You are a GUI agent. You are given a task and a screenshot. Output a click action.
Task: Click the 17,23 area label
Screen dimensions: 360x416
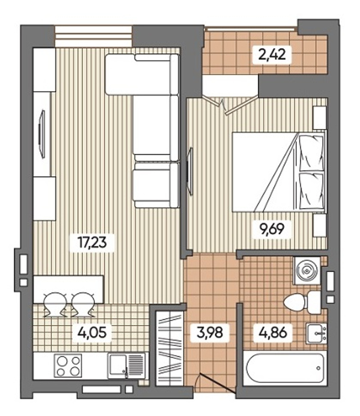coord(92,243)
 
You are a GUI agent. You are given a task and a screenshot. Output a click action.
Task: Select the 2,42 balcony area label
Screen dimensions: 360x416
coord(272,54)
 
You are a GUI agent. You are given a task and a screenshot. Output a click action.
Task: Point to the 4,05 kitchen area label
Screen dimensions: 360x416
coord(92,332)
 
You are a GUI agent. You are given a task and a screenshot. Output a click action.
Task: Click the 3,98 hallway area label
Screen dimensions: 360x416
coord(210,332)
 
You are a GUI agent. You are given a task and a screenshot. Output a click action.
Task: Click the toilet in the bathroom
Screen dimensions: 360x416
coord(302,302)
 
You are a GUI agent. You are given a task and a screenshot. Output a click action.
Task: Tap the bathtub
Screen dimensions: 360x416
coord(285,368)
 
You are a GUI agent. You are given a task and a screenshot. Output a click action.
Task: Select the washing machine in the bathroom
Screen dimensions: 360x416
coord(307,271)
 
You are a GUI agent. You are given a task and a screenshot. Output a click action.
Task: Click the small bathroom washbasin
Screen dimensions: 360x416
coord(316,334)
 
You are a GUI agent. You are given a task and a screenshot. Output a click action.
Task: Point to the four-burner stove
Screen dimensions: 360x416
coord(68,365)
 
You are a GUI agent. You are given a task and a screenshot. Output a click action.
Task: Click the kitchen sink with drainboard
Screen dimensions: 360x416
coord(126,366)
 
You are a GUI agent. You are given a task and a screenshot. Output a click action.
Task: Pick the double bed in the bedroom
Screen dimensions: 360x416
coord(279,172)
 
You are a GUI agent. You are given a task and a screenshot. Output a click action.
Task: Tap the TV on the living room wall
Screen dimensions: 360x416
coord(41,134)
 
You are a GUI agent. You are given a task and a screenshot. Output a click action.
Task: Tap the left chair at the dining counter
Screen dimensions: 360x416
coord(55,304)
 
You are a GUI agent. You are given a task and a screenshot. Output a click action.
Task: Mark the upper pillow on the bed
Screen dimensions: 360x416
coord(312,153)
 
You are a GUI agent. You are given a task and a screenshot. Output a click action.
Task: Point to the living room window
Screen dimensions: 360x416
coord(94,36)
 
